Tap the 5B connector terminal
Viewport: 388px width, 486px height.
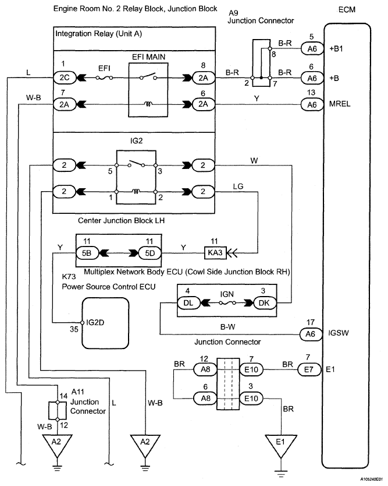click(86, 253)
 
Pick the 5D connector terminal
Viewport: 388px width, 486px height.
click(148, 253)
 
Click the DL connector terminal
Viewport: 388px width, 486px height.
click(187, 303)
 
